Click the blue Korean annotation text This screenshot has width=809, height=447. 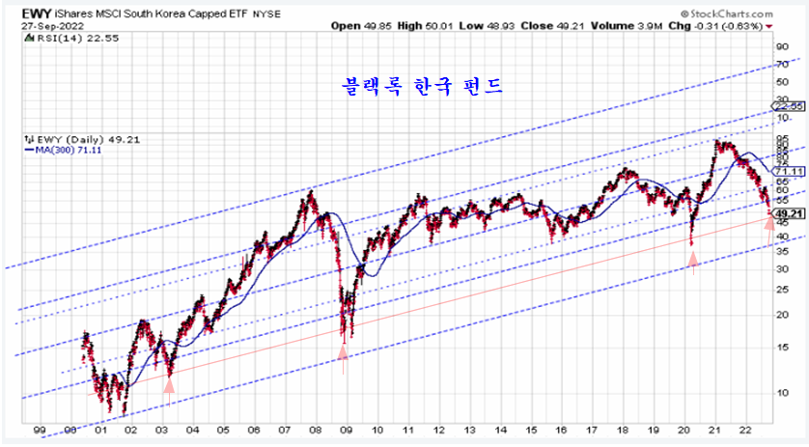(x=422, y=85)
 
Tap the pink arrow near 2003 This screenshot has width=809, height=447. (x=170, y=384)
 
